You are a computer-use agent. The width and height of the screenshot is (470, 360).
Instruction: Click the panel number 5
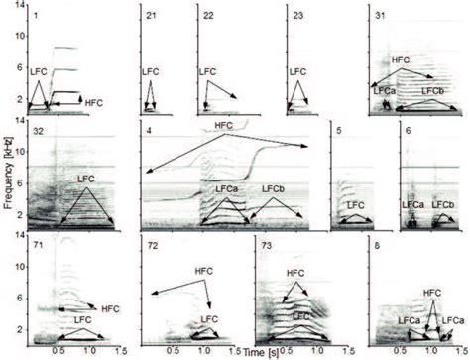click(339, 129)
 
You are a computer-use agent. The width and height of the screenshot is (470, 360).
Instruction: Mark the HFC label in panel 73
click(294, 272)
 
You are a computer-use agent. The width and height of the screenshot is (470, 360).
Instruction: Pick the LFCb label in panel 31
click(432, 91)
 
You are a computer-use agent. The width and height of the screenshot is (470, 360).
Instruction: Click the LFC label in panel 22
click(208, 72)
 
